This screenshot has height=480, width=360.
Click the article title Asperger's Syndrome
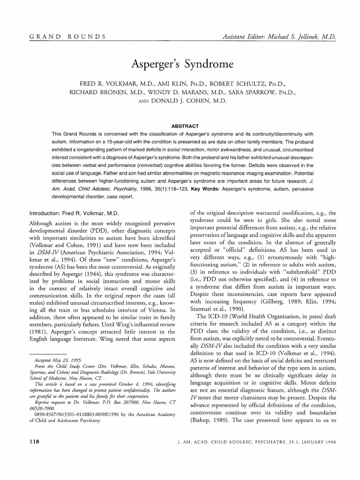[x=180, y=62]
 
